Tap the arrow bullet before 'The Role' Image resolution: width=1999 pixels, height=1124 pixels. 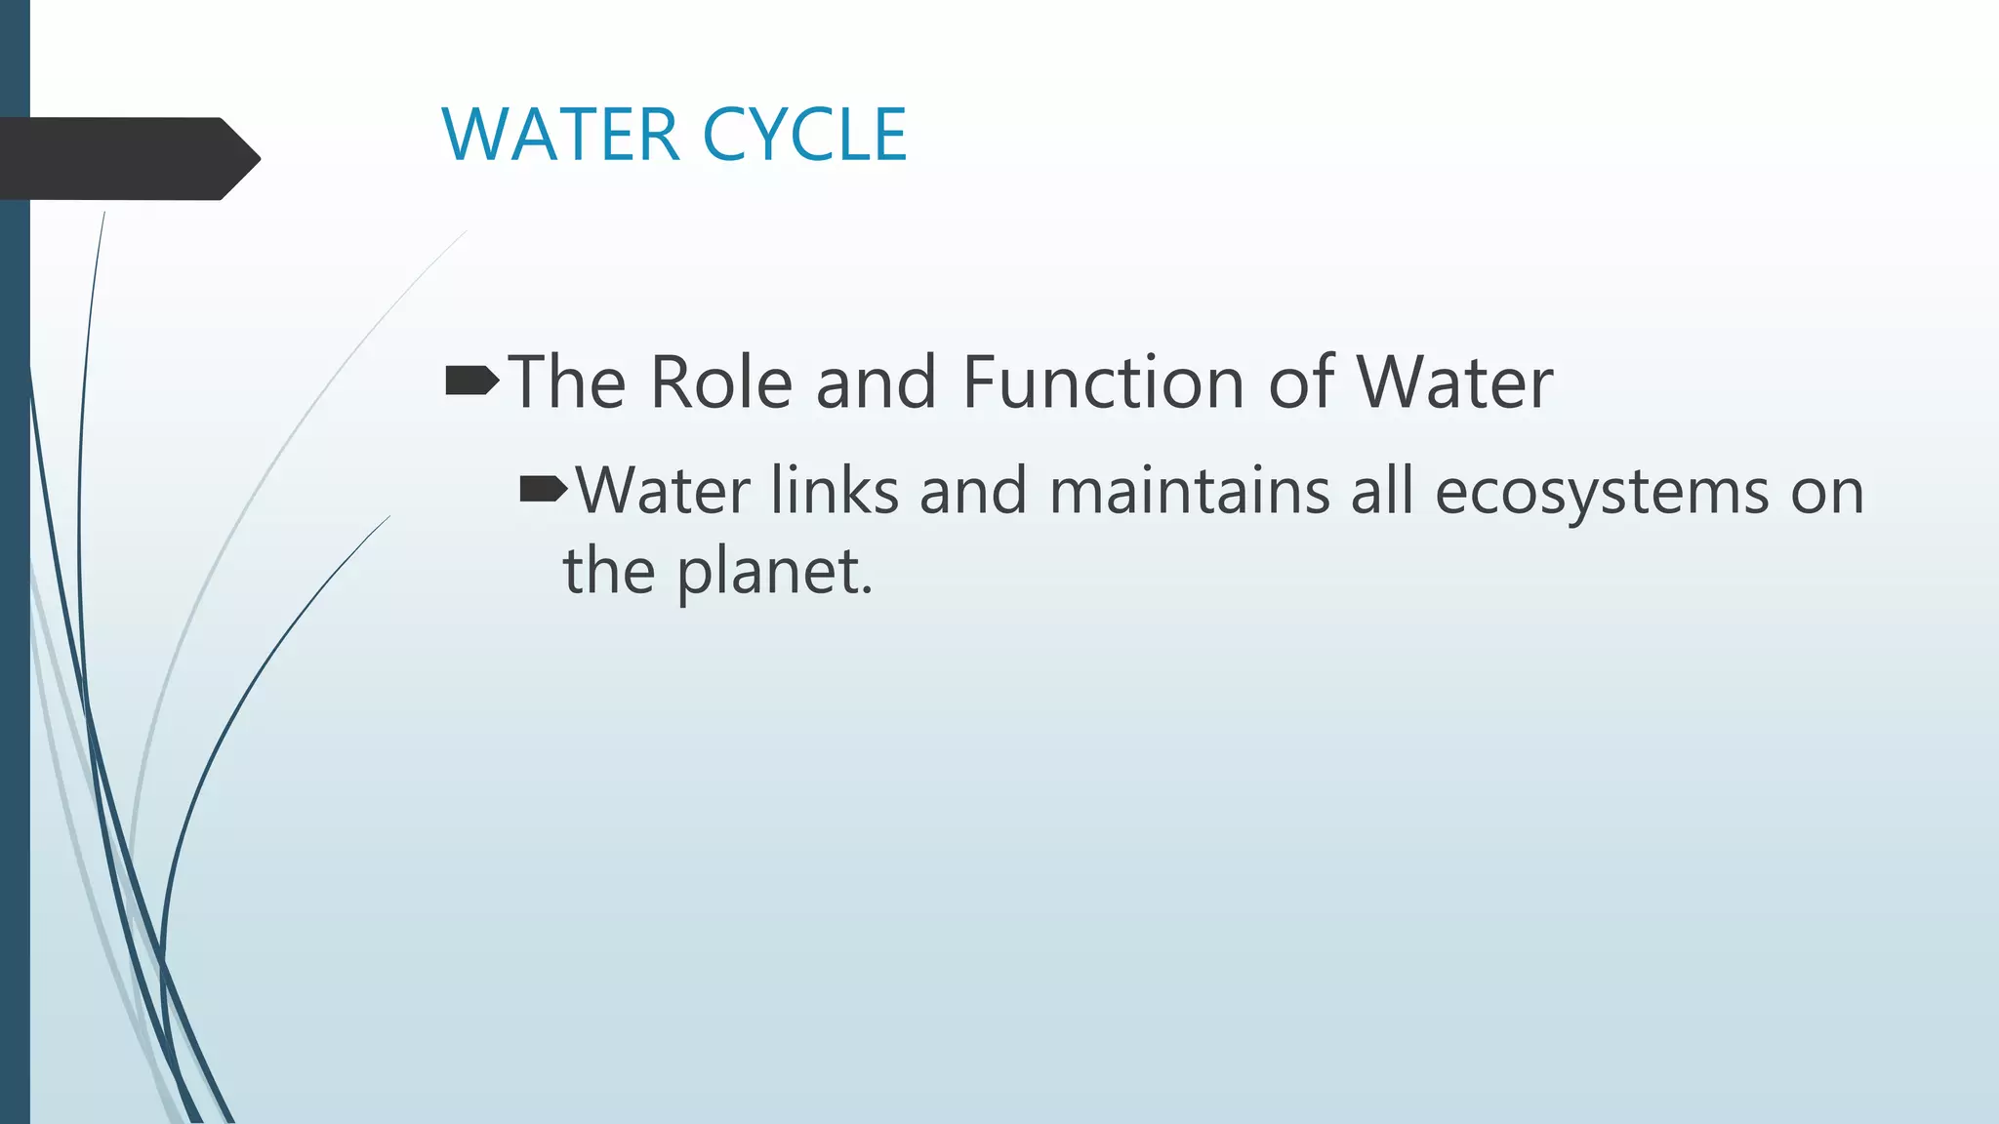pos(471,381)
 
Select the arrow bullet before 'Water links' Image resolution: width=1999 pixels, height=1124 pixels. pos(543,489)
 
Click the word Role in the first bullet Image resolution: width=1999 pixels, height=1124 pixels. pos(720,382)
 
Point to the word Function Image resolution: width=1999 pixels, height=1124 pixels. pos(1103,382)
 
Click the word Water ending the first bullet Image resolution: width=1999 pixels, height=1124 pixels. pos(1453,382)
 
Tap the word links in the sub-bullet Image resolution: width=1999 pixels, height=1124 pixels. pos(834,490)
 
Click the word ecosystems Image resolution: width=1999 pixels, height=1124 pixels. pos(1601,492)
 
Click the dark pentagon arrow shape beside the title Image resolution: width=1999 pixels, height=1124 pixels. pos(127,158)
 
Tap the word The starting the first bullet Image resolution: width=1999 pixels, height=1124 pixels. pos(567,382)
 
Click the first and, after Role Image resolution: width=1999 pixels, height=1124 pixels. pos(877,382)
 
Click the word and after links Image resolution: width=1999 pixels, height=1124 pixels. pos(973,490)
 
